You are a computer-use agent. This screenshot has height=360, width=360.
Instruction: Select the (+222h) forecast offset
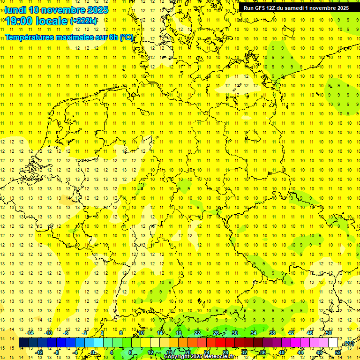pyautogui.click(x=83, y=21)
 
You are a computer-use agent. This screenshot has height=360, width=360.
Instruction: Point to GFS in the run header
pyautogui.click(x=261, y=8)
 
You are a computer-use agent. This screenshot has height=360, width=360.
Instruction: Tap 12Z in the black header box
pyautogui.click(x=273, y=8)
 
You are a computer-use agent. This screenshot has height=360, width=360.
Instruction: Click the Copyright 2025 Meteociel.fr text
pyautogui.click(x=199, y=357)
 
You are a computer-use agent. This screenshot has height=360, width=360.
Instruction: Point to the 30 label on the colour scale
pyautogui.click(x=234, y=333)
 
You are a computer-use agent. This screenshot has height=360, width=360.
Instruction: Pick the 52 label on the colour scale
pyautogui.click(x=337, y=352)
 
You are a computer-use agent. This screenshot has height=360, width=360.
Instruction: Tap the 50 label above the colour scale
pyautogui.click(x=329, y=333)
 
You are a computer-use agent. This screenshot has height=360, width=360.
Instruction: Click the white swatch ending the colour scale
pyautogui.click(x=333, y=343)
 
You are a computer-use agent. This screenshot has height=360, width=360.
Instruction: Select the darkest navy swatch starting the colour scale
pyautogui.click(x=23, y=343)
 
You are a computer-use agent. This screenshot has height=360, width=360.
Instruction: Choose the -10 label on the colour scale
pyautogui.click(x=48, y=333)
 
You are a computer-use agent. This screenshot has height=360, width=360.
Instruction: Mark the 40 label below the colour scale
pyautogui.click(x=281, y=352)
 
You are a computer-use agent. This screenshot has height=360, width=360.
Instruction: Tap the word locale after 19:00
pyautogui.click(x=49, y=21)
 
